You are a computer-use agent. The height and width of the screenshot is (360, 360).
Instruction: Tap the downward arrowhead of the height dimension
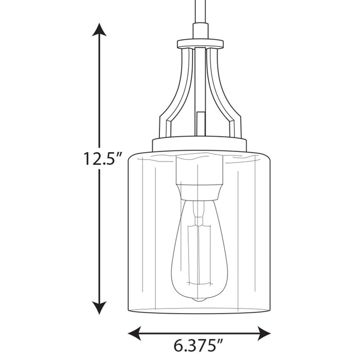(99, 308)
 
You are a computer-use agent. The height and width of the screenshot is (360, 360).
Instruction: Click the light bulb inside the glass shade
(199, 252)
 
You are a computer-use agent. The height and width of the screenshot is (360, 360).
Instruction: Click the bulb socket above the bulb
(199, 177)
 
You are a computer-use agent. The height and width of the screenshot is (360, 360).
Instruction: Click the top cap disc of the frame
(200, 44)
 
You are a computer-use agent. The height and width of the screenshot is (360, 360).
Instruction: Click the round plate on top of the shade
(199, 145)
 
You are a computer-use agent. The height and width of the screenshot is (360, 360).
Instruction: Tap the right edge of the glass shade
(270, 231)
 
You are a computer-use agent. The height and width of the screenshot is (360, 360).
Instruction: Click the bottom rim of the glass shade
(199, 311)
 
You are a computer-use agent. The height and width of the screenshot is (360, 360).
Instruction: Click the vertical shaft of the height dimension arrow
(99, 103)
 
